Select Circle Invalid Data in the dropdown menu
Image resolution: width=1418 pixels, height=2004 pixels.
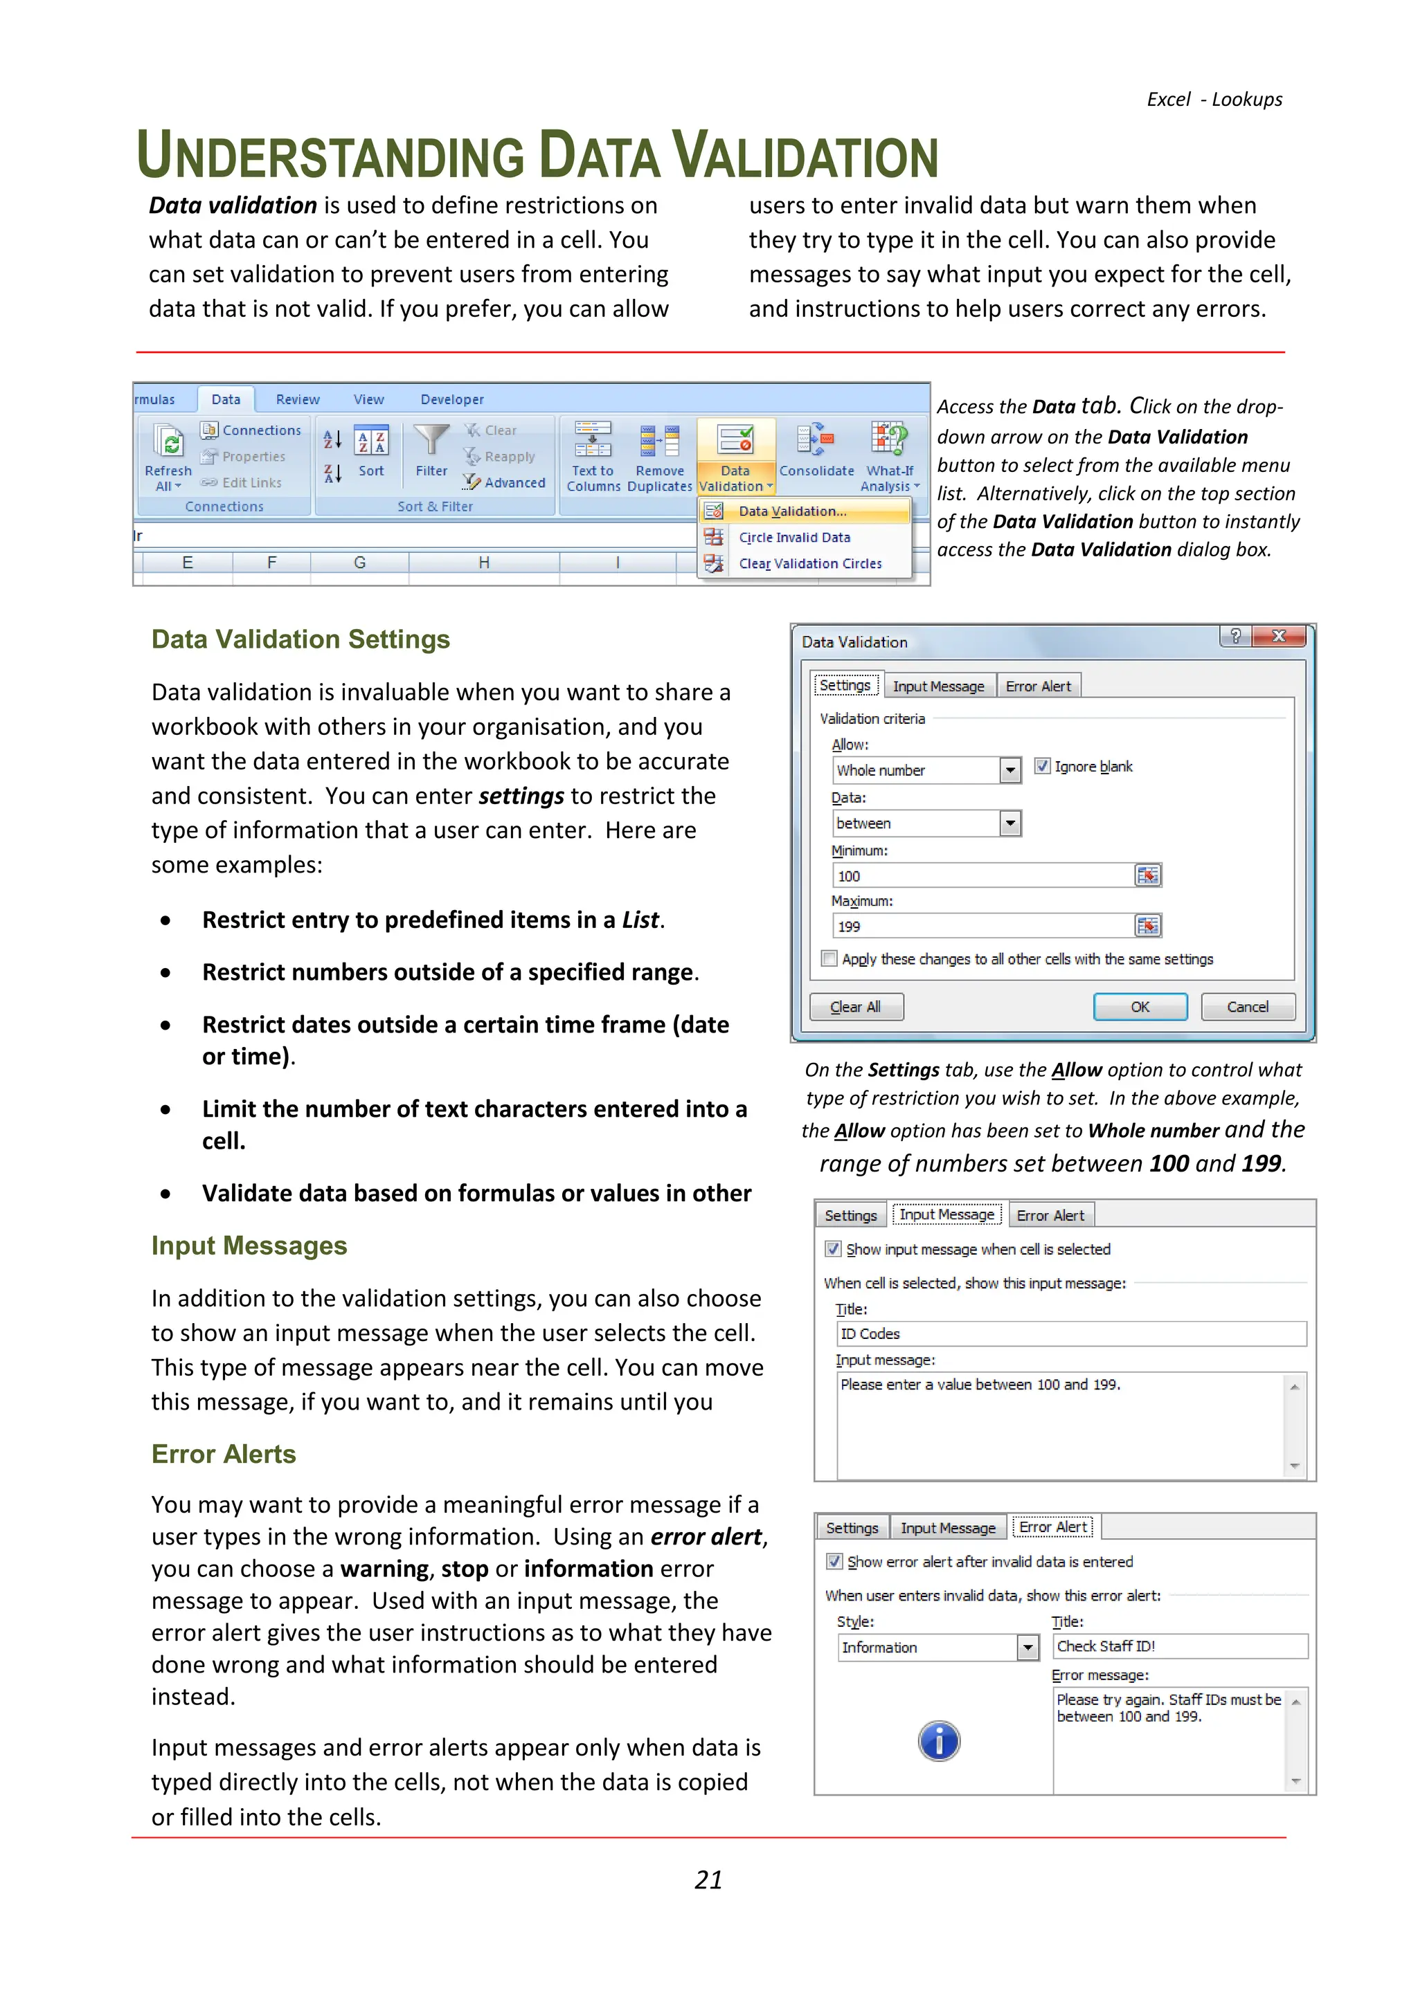tap(793, 538)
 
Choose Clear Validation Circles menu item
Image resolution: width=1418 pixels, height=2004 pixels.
tap(809, 564)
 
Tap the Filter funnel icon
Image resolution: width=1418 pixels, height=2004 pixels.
tap(431, 441)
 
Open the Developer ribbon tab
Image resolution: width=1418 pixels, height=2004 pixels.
tap(451, 400)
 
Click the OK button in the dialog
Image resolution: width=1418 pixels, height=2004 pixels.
tap(1140, 1006)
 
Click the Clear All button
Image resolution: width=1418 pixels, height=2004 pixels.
tap(856, 1006)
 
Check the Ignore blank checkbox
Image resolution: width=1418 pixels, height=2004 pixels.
tap(1041, 766)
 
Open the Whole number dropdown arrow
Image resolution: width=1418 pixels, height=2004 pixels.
tap(1010, 769)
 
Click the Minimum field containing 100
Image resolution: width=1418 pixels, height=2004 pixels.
tap(982, 875)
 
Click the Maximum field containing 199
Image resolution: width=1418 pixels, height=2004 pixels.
tap(982, 926)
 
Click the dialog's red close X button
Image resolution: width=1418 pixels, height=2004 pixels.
tap(1278, 637)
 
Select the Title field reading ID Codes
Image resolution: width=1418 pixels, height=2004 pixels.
tap(1070, 1333)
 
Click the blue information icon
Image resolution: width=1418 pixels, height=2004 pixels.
tap(939, 1741)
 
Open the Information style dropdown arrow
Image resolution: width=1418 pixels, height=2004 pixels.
tap(1027, 1647)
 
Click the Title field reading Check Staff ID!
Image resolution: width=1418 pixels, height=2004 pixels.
tap(1178, 1646)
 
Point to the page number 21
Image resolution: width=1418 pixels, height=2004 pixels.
tap(708, 1880)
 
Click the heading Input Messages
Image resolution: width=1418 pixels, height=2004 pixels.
tap(249, 1246)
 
